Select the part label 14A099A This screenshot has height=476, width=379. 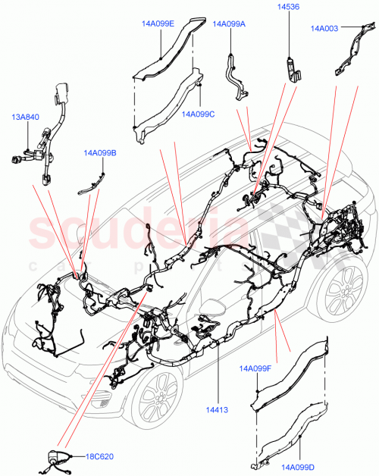point(229,24)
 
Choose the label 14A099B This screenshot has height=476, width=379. point(100,153)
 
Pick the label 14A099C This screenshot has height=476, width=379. point(199,114)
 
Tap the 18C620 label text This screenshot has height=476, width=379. point(99,458)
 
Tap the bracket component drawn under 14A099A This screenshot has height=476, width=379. point(236,74)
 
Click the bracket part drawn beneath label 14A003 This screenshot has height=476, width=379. point(346,52)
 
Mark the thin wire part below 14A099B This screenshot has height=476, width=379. point(92,182)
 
